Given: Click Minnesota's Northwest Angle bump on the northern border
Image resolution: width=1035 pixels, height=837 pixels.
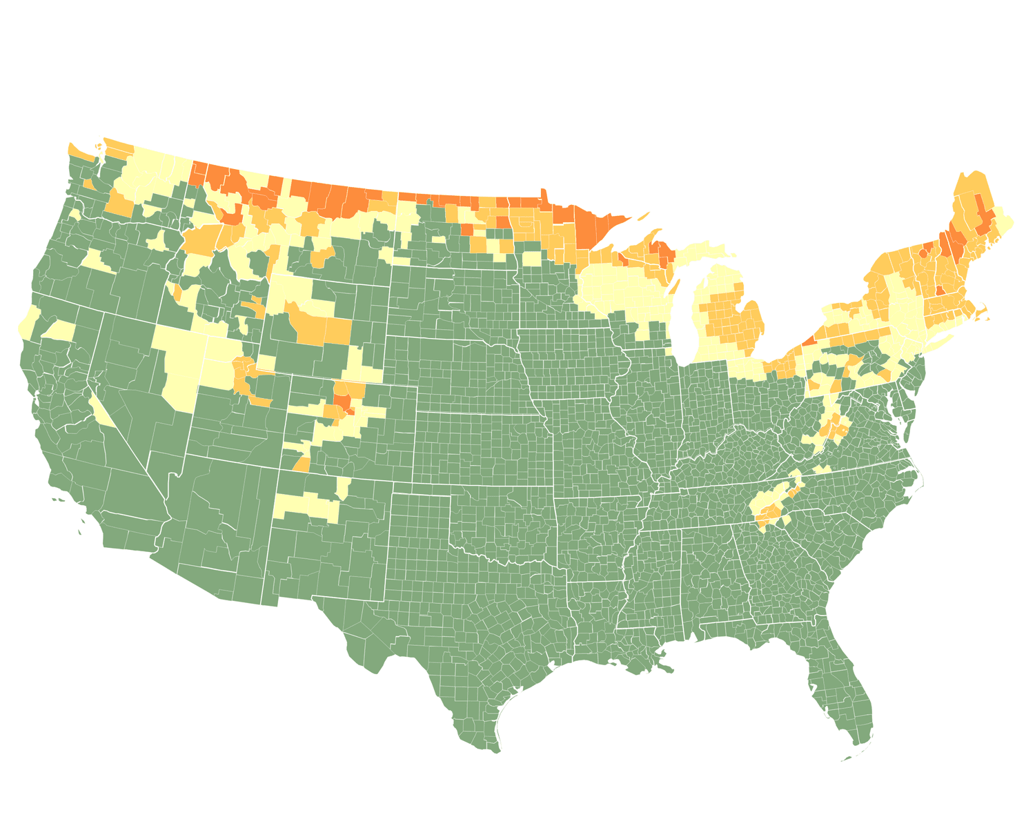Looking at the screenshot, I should [x=543, y=194].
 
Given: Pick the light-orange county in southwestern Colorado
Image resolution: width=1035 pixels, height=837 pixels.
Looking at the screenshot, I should [x=302, y=464].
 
